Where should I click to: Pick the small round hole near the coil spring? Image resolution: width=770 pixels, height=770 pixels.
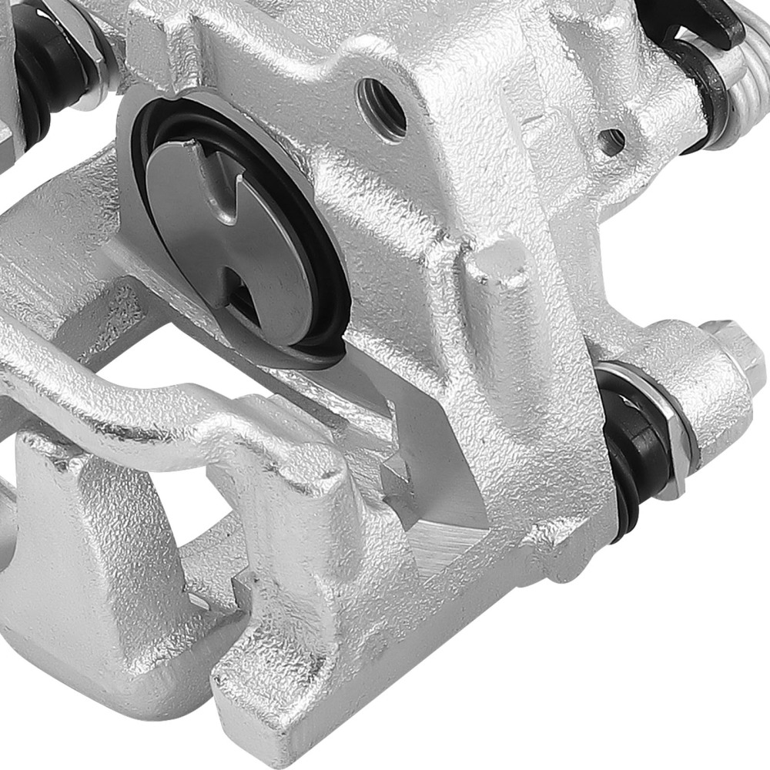click(612, 140)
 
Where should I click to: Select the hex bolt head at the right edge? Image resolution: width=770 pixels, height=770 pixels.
click(731, 346)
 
